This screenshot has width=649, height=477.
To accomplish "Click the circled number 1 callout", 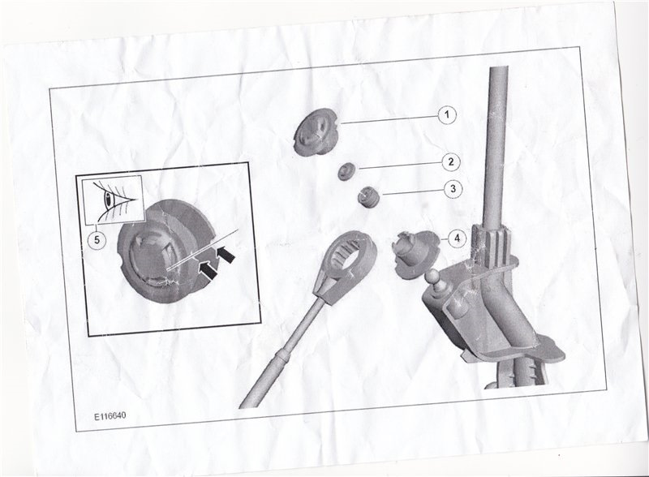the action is tap(447, 114).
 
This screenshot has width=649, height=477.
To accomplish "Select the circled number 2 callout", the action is tap(451, 161).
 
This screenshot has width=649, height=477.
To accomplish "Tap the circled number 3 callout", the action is tap(453, 189).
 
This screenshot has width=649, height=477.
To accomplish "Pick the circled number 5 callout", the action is tap(97, 240).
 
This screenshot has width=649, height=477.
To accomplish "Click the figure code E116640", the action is tap(110, 416).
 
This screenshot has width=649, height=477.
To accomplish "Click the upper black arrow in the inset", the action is tap(226, 254).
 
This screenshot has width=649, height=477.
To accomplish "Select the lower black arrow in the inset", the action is tap(208, 269).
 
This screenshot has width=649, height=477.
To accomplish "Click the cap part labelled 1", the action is tap(316, 132).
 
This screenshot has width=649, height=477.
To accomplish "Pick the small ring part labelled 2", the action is tap(346, 171).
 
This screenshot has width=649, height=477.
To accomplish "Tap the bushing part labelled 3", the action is tap(367, 197).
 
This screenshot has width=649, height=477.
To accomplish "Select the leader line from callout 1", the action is tap(389, 119).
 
